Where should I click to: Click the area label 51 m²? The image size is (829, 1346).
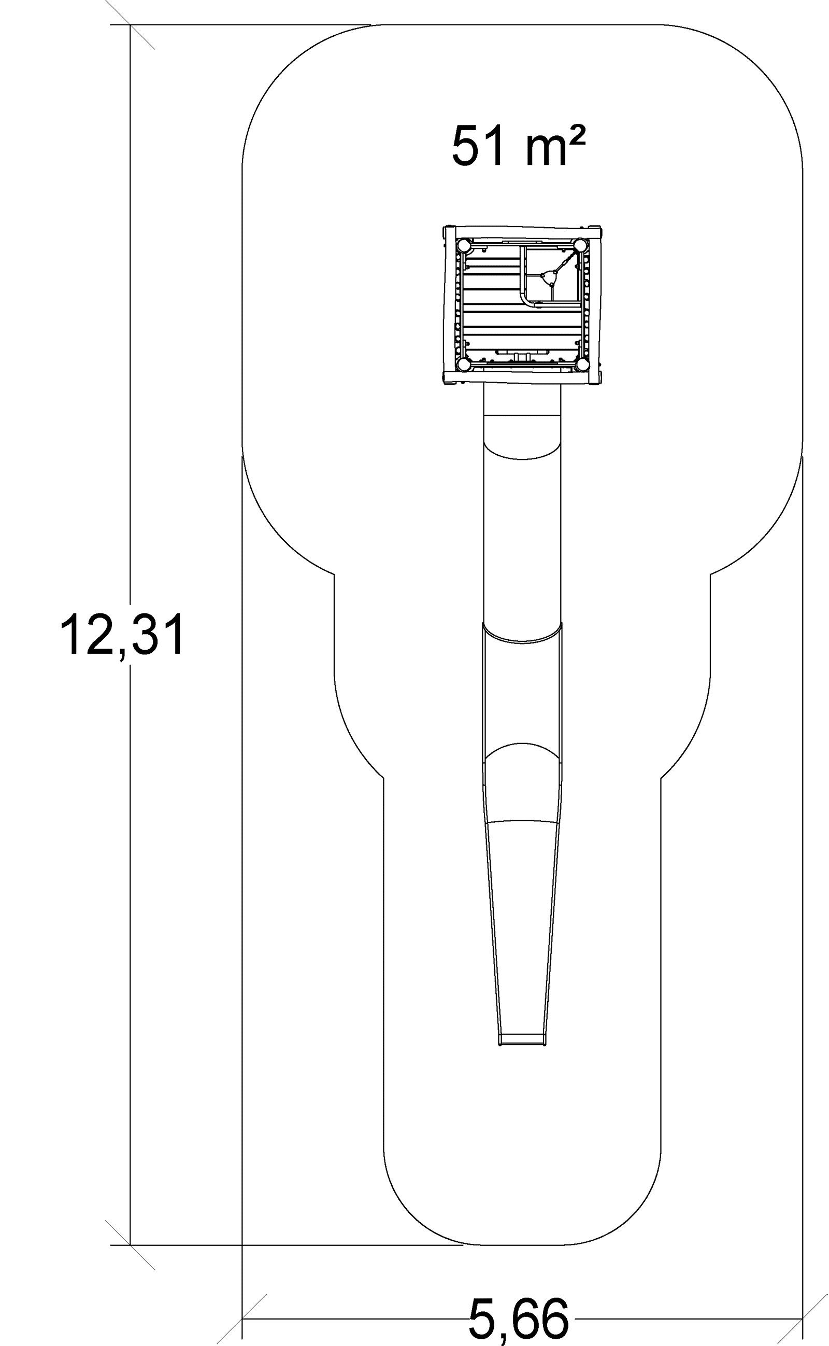coord(519,146)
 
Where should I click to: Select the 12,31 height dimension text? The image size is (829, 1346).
coord(123,635)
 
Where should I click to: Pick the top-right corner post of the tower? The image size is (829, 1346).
coord(581,245)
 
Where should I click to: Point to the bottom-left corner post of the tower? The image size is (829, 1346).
coord(463,364)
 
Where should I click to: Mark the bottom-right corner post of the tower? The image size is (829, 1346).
coord(582,363)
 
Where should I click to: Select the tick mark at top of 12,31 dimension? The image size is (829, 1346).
coord(130,25)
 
